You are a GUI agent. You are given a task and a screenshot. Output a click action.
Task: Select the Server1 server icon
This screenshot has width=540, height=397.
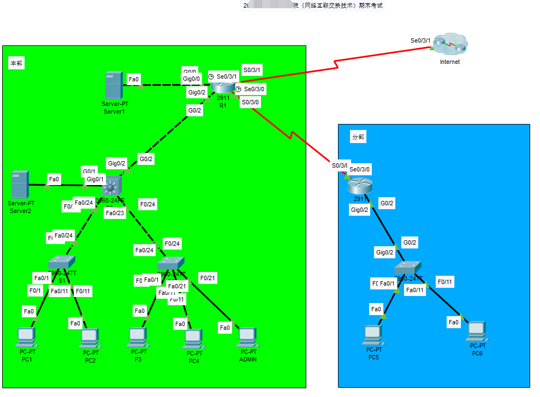[114, 85]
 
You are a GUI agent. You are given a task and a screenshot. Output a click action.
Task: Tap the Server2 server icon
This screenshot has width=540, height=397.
[19, 185]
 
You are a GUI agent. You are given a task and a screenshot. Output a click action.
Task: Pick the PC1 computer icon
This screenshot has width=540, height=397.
[26, 337]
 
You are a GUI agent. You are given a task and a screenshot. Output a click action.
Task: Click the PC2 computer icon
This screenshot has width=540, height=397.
[90, 339]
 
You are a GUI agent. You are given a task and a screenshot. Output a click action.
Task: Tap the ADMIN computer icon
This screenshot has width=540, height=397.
[247, 337]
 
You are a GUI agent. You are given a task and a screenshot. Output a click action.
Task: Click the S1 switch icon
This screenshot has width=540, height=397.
[61, 263]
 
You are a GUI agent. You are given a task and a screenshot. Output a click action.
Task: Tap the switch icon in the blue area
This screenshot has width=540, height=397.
[408, 268]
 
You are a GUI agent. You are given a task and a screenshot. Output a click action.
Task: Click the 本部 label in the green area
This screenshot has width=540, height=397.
[16, 63]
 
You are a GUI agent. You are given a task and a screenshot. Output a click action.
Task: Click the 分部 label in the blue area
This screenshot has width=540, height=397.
[358, 137]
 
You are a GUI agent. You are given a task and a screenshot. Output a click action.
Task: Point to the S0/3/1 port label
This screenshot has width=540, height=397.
[252, 70]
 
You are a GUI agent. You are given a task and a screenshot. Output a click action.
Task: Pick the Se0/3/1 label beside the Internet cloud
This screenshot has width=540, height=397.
[420, 40]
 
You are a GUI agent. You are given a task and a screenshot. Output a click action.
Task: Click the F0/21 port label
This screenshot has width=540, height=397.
[207, 278]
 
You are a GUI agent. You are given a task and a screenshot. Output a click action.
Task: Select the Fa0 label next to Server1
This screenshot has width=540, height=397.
[134, 79]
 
